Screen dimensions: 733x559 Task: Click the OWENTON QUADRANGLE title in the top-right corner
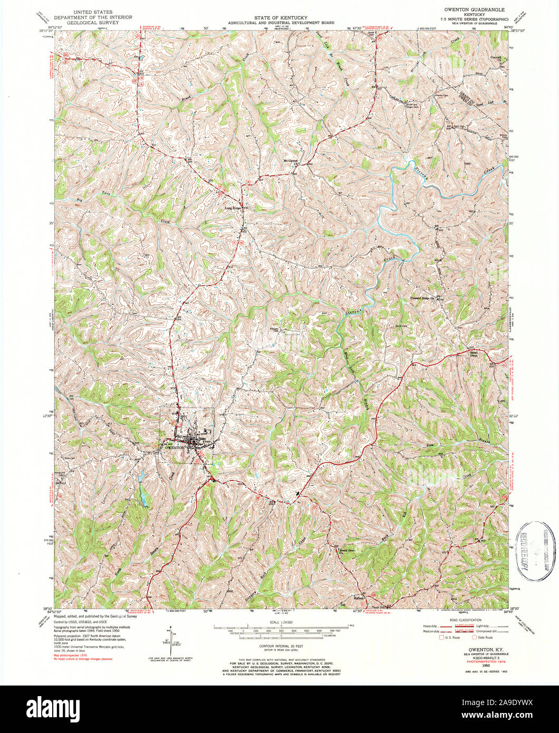474,9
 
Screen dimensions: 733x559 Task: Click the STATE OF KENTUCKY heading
279,18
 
